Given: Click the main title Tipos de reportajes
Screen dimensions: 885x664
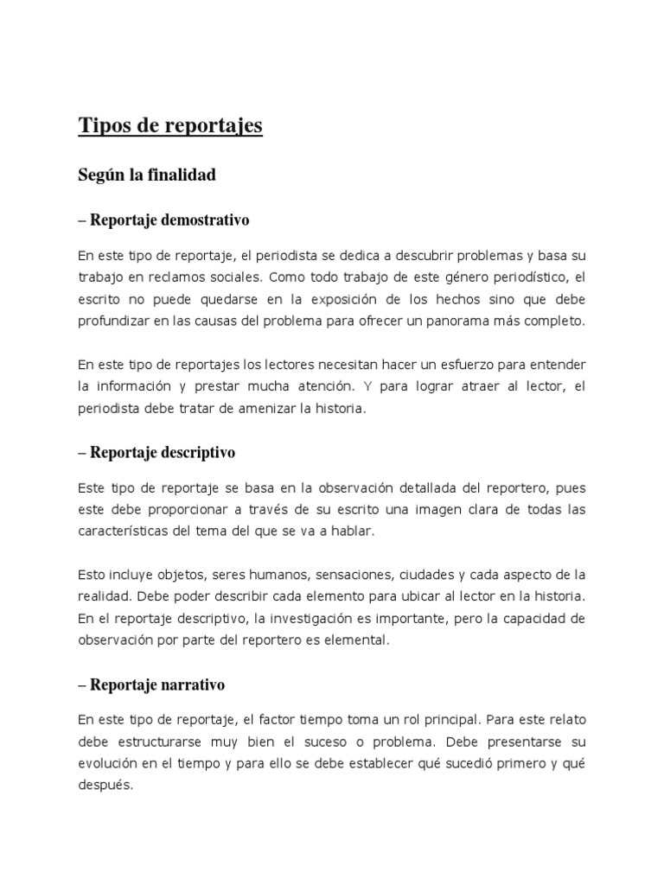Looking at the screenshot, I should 170,126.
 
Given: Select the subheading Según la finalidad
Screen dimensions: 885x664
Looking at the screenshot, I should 146,175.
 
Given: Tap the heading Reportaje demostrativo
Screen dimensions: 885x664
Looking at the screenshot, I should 163,220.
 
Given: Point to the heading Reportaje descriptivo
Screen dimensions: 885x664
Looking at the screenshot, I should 156,452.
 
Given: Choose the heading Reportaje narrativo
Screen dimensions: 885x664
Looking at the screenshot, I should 150,684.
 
